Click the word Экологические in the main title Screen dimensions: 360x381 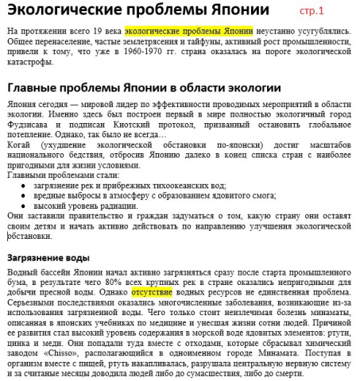[64, 11]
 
